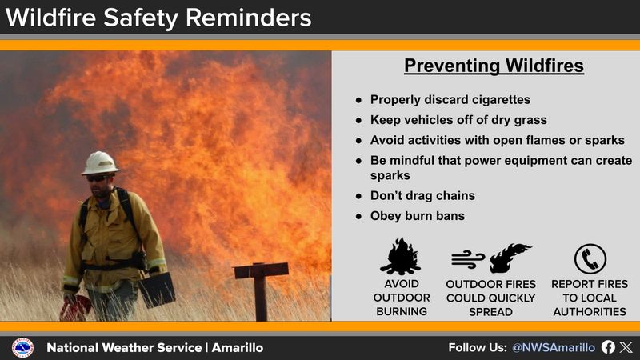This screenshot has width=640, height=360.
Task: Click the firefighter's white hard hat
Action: tap(100, 163)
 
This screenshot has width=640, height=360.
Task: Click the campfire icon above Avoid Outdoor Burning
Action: tap(401, 258)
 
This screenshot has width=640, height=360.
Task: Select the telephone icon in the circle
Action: tap(590, 258)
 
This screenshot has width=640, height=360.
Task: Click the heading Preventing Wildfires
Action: tap(494, 66)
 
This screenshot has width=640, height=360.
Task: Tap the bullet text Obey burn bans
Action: tap(416, 216)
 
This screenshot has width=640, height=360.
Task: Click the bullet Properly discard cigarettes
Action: tap(450, 100)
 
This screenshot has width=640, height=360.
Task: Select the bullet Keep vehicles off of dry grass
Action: tap(458, 120)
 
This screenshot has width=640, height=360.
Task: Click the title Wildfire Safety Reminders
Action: tap(157, 17)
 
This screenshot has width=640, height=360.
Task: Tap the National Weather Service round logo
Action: tap(22, 348)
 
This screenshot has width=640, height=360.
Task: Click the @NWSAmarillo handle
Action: tap(553, 348)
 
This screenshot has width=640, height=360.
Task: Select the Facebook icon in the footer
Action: tap(608, 348)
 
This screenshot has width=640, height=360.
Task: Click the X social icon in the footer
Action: tap(626, 348)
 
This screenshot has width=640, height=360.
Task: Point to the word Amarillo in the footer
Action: tap(237, 348)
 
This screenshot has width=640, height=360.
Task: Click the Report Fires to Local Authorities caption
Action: tap(590, 298)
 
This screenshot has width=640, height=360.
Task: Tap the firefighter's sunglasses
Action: tap(97, 178)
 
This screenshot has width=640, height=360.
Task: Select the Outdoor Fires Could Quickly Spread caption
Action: tap(490, 298)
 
